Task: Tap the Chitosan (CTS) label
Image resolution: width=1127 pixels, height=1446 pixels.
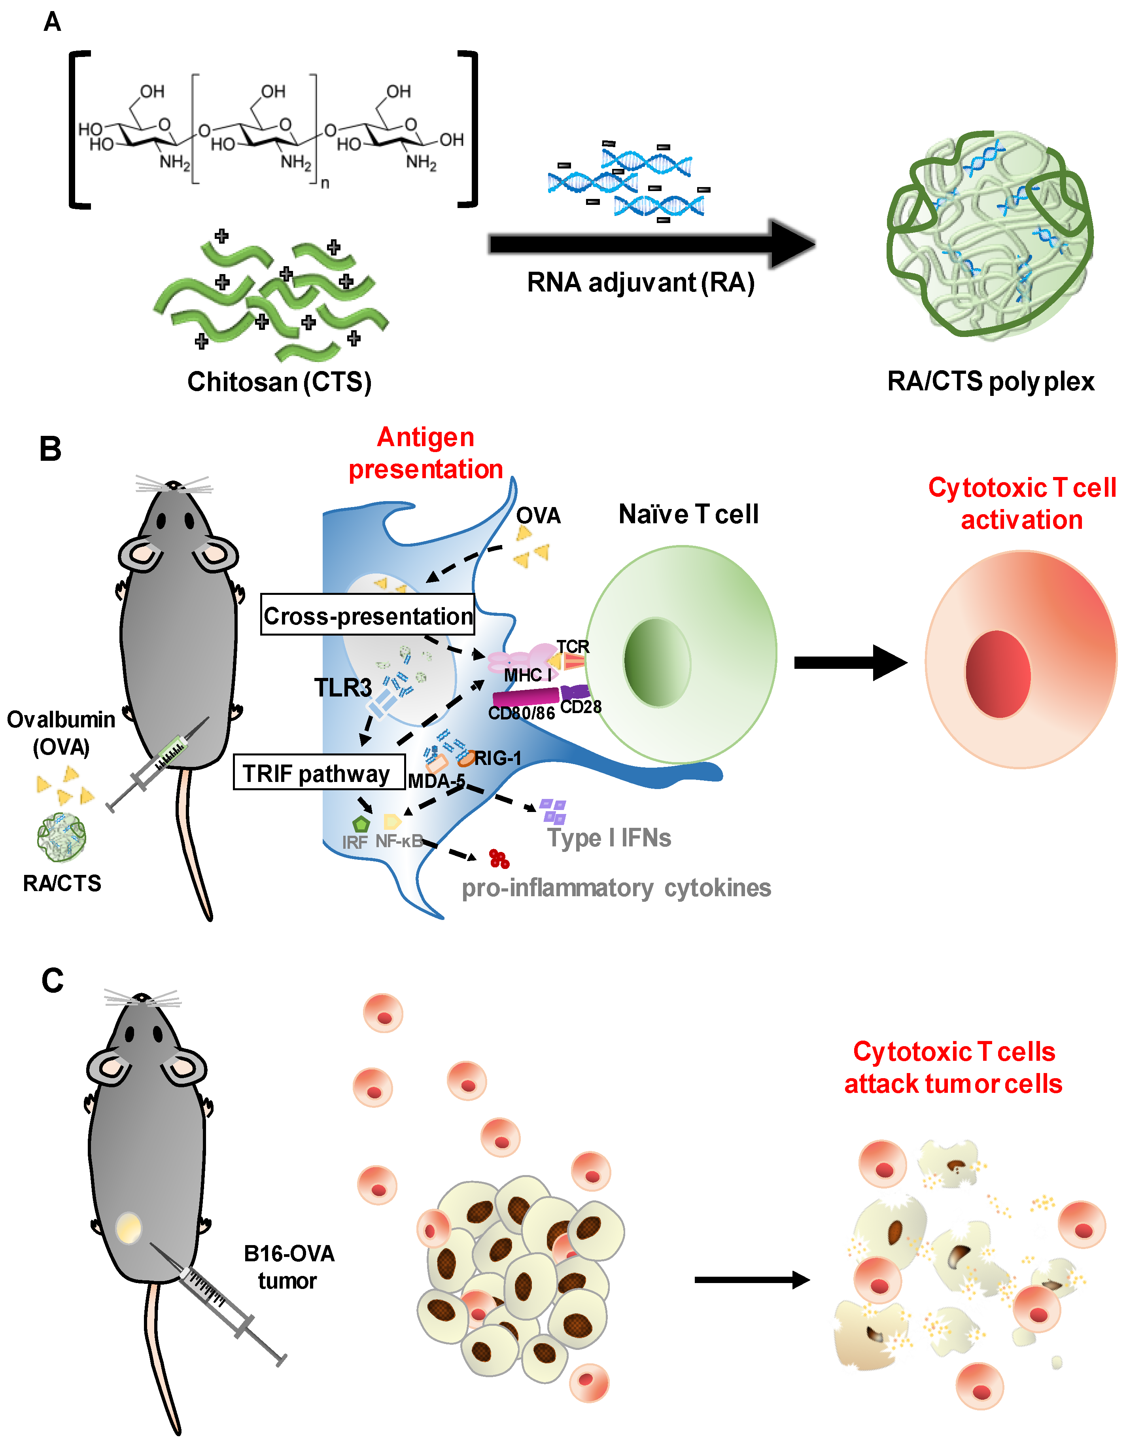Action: [x=279, y=382]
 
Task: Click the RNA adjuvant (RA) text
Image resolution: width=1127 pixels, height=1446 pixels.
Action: [x=640, y=283]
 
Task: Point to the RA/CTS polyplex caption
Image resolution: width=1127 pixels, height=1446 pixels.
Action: [x=990, y=381]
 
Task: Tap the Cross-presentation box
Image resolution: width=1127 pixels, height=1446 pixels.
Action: [x=367, y=616]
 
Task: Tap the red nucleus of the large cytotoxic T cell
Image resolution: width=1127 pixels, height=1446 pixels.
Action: [x=997, y=674]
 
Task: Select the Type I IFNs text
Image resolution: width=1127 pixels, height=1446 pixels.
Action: [x=609, y=838]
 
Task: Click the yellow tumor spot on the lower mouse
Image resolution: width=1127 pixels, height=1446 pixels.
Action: [x=129, y=1228]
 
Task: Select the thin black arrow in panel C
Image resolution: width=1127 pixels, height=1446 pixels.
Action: [x=751, y=1280]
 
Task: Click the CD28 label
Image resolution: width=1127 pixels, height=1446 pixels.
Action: [x=581, y=707]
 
